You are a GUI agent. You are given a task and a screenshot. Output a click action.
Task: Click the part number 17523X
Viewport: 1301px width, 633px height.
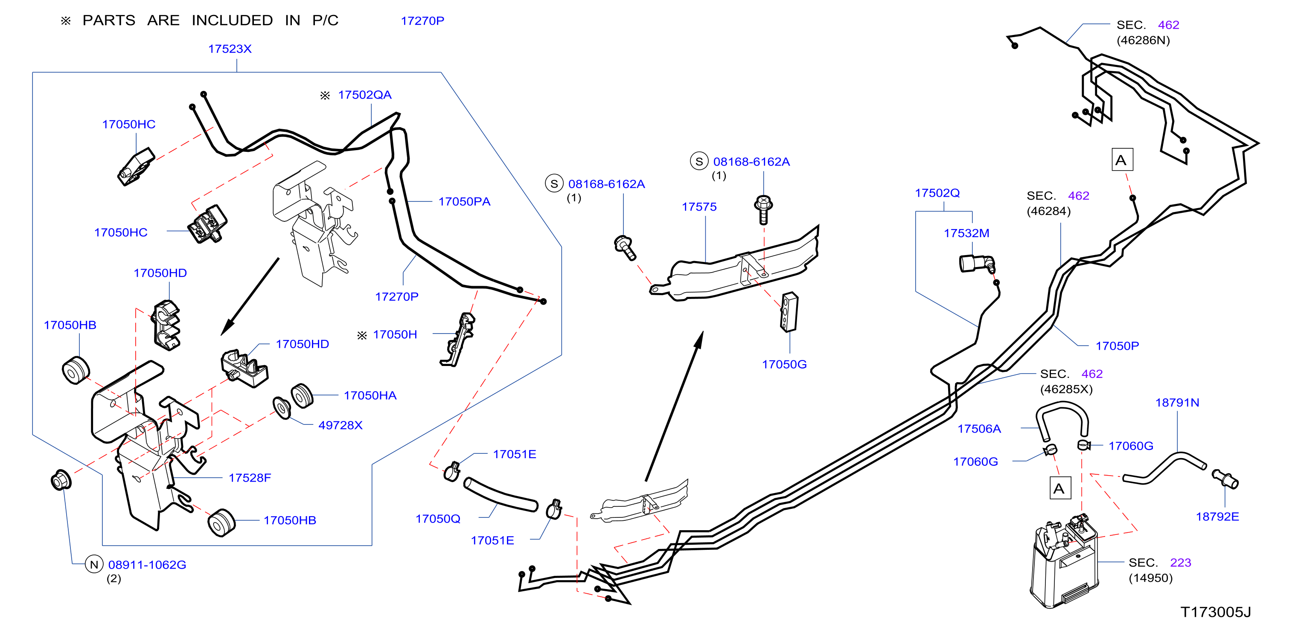coord(230,49)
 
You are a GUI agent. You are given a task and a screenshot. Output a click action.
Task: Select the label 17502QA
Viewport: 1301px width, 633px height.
coord(365,95)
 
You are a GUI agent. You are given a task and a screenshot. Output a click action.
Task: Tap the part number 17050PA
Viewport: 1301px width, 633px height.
coord(464,201)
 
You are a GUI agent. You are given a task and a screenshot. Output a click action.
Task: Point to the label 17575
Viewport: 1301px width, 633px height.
coord(699,206)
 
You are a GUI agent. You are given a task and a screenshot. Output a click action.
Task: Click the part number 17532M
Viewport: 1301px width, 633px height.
coord(966,233)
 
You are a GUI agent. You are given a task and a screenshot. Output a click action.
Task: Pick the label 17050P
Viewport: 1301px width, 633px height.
coord(1117,346)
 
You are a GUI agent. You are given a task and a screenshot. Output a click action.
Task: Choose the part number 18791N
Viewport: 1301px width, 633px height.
coord(1177,402)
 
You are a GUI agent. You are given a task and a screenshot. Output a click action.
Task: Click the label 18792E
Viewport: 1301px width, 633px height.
coord(1217,517)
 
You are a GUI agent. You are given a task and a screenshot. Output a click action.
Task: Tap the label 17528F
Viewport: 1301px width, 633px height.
coord(250,478)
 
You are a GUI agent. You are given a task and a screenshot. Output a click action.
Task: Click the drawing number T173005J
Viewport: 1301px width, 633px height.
coord(1215,612)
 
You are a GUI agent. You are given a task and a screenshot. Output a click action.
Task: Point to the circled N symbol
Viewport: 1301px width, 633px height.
coord(94,564)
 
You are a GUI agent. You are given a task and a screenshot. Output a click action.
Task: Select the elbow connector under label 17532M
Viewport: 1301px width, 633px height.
coord(977,264)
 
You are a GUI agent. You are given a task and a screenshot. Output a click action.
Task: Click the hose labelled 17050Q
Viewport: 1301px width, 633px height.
coord(501,495)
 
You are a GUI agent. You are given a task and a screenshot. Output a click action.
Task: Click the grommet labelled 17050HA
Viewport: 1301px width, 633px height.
coord(302,395)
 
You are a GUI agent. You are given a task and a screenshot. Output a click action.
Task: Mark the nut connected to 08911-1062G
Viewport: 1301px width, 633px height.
coord(61,480)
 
